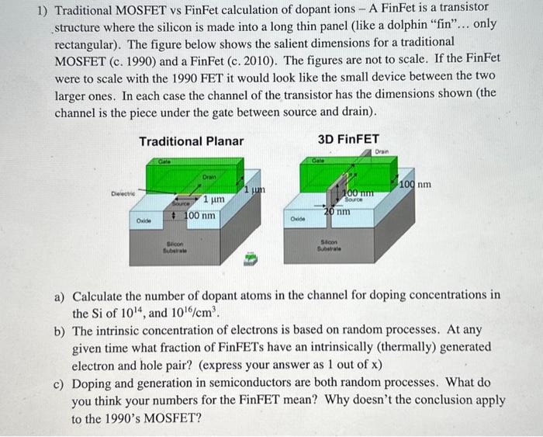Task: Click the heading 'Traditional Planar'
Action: tap(191, 140)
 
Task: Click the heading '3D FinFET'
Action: tap(348, 139)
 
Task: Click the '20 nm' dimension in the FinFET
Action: tap(337, 210)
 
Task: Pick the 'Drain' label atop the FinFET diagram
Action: tap(381, 151)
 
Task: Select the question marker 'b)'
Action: tap(60, 331)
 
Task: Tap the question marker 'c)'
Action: tap(60, 383)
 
